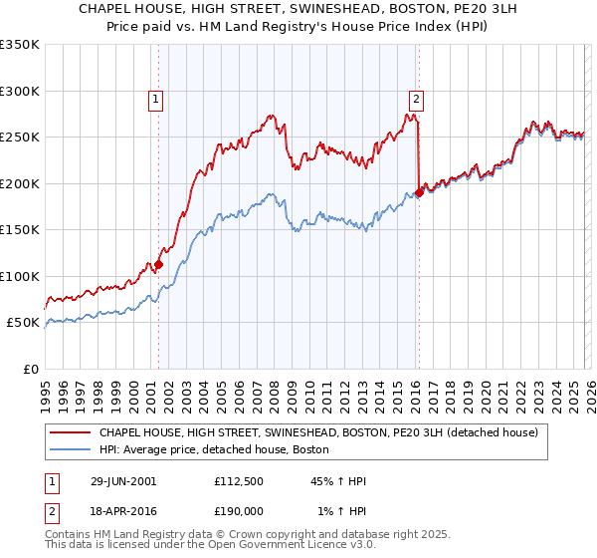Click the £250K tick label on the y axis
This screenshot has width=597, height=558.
pos(20,138)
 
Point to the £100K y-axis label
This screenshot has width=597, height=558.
pos(20,276)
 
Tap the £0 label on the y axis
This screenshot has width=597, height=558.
pos(30,369)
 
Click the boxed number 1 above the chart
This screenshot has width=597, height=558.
pos(157,99)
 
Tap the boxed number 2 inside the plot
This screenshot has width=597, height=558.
pos(415,99)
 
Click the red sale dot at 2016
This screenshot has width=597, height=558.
pos(419,193)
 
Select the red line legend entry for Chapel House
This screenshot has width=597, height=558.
pos(318,432)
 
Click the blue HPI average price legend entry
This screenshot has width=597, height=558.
pos(219,450)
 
